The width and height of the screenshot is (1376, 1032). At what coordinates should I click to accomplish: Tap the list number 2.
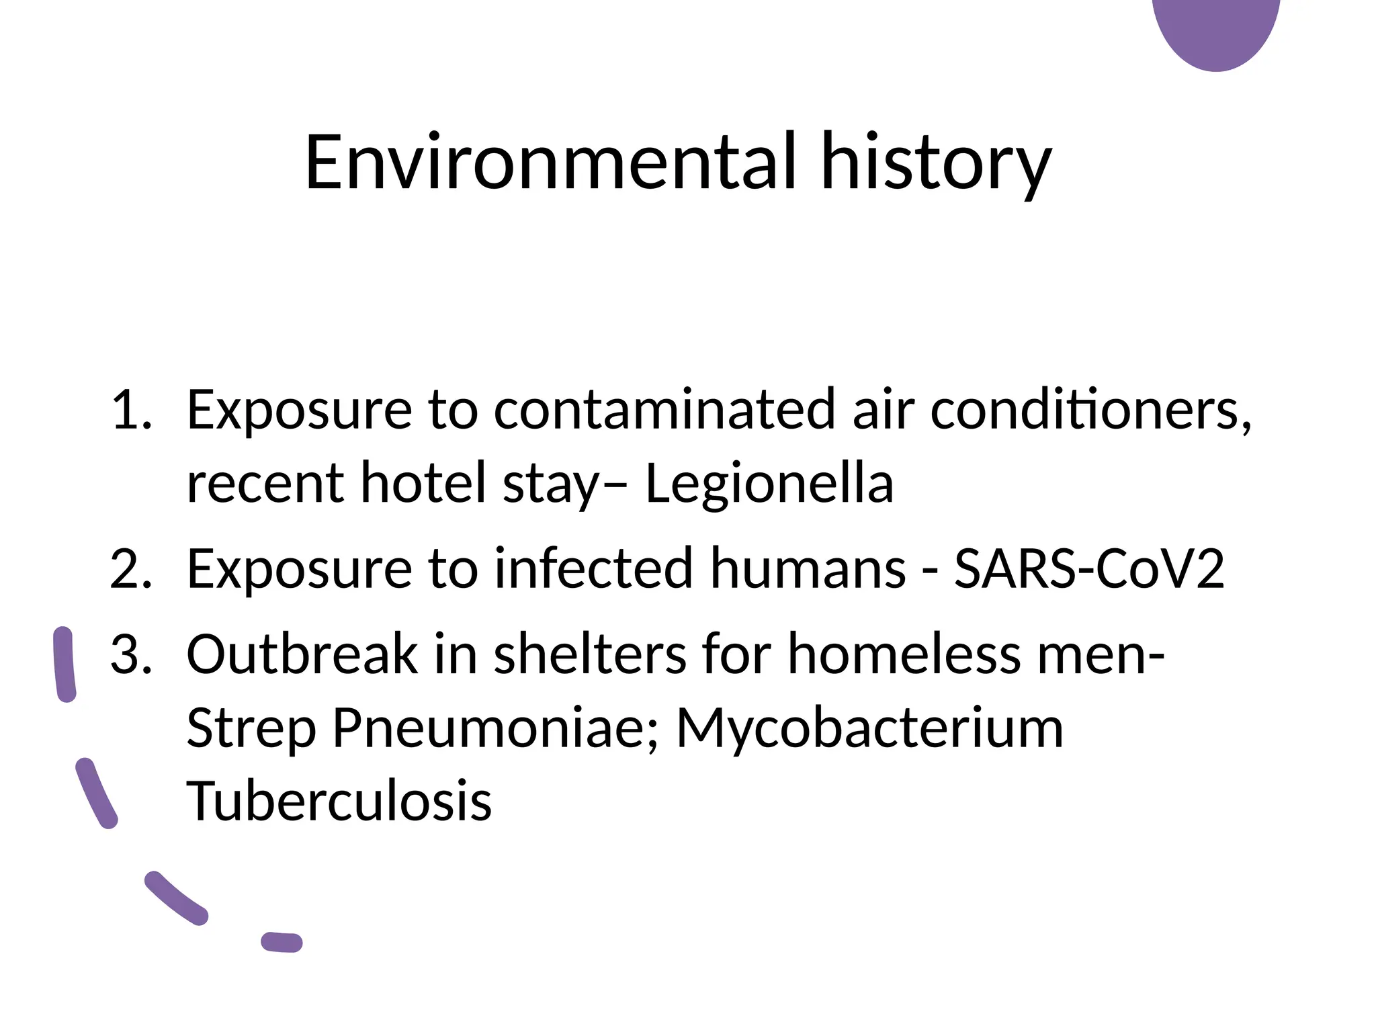[131, 569]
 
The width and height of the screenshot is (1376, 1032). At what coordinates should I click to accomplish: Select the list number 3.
[131, 654]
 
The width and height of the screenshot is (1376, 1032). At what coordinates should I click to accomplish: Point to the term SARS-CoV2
[1089, 569]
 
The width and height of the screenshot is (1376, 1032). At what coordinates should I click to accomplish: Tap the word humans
[808, 569]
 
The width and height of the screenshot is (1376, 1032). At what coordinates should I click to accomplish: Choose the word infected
[593, 569]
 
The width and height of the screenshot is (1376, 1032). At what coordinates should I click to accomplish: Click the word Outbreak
[302, 654]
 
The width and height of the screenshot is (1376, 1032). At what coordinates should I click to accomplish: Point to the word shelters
[590, 654]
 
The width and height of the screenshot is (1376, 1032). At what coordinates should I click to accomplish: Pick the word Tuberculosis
[339, 801]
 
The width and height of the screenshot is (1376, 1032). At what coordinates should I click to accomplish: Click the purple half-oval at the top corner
[1216, 30]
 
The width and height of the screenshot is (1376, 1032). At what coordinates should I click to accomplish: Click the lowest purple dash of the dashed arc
[282, 942]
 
